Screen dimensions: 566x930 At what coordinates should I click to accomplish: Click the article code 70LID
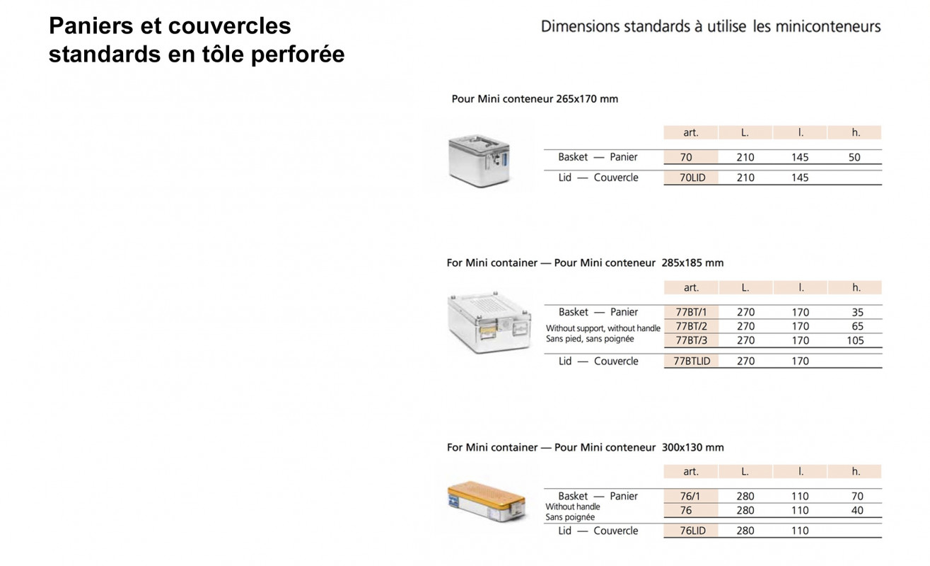point(690,178)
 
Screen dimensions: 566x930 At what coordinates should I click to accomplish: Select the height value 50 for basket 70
point(854,158)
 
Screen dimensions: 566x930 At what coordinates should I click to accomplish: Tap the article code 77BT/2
point(691,326)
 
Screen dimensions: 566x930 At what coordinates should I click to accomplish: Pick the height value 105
point(855,340)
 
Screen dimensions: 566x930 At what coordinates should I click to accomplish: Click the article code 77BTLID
point(691,361)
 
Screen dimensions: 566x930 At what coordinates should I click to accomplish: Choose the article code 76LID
point(690,531)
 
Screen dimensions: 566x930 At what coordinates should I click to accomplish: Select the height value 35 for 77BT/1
point(857,312)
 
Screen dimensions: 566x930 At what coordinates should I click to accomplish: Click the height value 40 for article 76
point(857,510)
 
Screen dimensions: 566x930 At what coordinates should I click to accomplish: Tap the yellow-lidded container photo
point(487,502)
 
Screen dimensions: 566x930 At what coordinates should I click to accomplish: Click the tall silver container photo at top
point(478,161)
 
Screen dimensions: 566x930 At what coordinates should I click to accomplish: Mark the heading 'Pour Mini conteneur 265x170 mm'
point(535,99)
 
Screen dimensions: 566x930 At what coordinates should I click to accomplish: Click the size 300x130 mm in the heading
point(692,447)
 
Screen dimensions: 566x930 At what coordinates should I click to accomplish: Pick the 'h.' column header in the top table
point(854,132)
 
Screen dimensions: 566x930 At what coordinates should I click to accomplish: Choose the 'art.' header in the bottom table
point(691,471)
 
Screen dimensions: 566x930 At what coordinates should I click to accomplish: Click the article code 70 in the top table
point(686,158)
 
